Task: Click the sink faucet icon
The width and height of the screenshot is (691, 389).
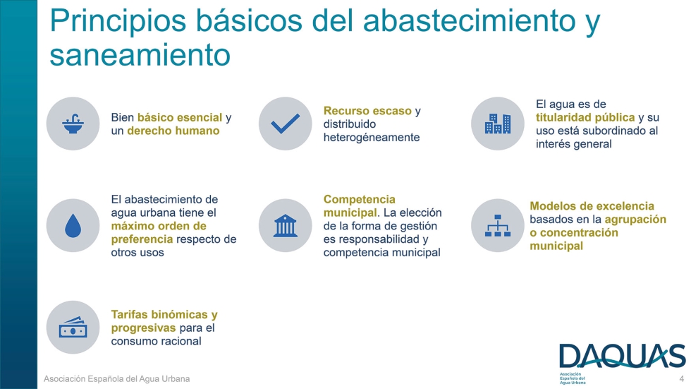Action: [x=73, y=124]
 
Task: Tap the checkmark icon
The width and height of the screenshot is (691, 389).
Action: [x=286, y=124]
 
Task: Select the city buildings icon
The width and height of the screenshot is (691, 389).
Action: [x=498, y=124]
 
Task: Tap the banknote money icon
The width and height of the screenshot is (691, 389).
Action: [x=73, y=328]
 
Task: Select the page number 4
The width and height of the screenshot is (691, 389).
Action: [x=681, y=379]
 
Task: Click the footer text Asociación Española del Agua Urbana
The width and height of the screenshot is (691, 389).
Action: [x=117, y=379]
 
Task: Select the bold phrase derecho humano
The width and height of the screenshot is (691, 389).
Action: [x=173, y=131]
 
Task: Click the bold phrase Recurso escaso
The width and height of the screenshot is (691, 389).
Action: [x=367, y=111]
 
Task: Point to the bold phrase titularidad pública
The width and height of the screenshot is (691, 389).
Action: [x=585, y=117]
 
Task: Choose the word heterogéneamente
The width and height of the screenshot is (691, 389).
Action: [x=371, y=137]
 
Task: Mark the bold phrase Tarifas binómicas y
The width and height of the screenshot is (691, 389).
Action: [x=164, y=315]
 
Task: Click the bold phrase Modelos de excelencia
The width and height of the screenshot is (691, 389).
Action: [x=592, y=206]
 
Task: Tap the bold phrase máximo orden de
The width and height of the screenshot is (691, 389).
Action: [x=159, y=226]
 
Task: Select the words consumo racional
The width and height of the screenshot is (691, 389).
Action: [x=156, y=341]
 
